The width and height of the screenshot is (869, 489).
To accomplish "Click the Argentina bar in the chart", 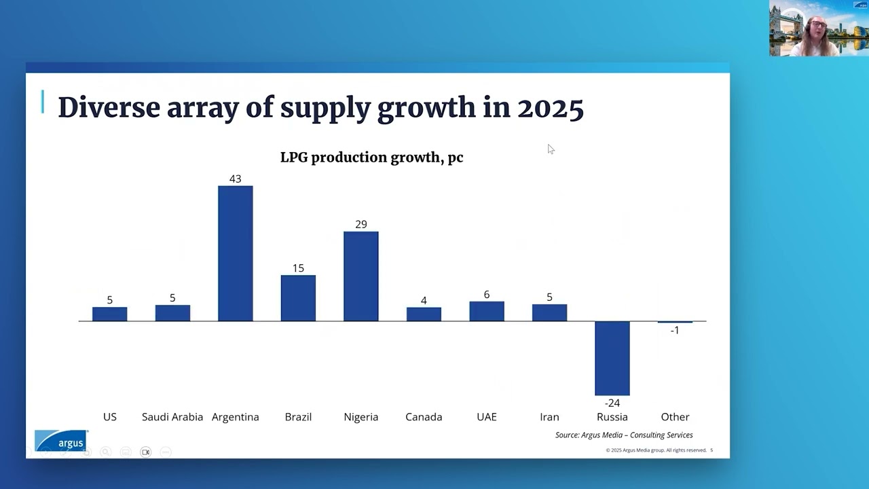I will click(x=235, y=253).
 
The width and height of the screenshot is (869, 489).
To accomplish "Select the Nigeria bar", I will click(x=360, y=276).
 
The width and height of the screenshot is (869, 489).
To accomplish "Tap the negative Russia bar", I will click(x=612, y=358).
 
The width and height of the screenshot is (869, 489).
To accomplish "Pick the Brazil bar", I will click(x=298, y=297).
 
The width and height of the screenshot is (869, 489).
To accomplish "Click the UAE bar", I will click(x=486, y=311).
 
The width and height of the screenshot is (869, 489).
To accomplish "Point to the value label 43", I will click(x=235, y=179).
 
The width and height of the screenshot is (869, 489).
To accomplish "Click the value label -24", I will click(x=612, y=403).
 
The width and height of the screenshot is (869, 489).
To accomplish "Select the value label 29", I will click(x=360, y=224).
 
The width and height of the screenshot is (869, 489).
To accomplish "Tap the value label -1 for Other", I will click(x=674, y=330).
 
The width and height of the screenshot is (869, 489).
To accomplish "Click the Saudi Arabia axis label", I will click(x=172, y=417).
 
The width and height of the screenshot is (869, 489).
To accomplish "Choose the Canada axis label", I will click(x=424, y=417).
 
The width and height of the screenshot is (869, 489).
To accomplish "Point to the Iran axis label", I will click(x=549, y=417).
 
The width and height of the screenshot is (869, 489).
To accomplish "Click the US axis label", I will click(x=109, y=417).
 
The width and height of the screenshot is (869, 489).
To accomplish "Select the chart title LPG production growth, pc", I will click(x=371, y=158).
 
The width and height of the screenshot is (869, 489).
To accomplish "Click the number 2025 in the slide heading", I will click(x=550, y=108).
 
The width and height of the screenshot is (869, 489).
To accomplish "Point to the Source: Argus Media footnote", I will click(x=623, y=435).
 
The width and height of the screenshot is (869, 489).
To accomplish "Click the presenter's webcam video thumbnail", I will click(x=818, y=29).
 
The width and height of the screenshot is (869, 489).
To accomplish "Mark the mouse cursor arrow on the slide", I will click(x=550, y=149).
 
